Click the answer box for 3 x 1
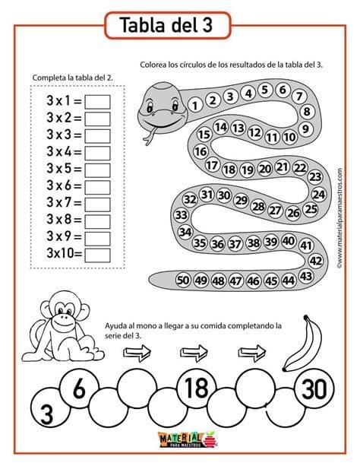97,102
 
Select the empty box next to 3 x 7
97,204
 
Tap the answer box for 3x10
97,255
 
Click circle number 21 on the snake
283,167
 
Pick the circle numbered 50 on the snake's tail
183,280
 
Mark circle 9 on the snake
305,129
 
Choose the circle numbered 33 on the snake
181,214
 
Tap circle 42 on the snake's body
316,261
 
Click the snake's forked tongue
150,136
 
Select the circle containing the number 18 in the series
197,388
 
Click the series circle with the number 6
79,388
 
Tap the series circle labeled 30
314,388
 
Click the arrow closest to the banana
252,353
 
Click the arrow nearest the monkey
137,353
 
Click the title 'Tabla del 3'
166,25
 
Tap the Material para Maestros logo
188,440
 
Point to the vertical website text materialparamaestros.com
339,218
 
